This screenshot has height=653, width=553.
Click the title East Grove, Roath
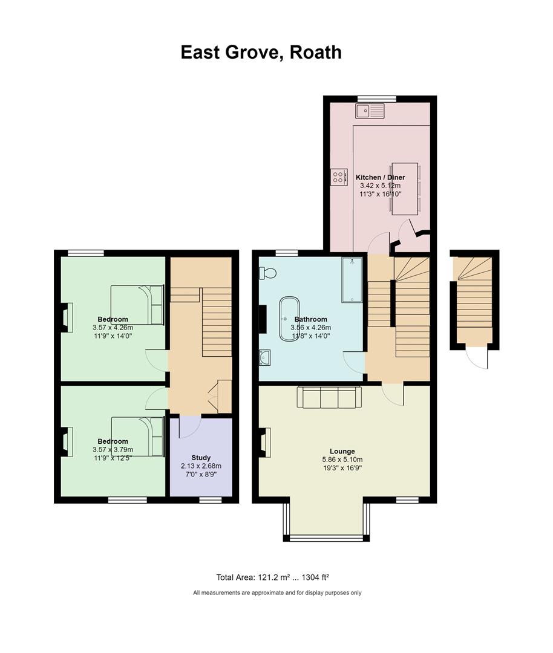pos(261,53)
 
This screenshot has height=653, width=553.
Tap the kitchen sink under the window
pos(370,111)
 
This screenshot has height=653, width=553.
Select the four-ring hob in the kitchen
pos(339,177)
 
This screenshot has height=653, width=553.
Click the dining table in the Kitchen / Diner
pos(405,189)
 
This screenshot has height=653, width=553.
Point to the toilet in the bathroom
pos(267,273)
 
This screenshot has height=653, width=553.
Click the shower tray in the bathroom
pos(353,279)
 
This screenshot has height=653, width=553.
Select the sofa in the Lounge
pos(329,397)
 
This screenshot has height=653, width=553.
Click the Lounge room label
pos(342,451)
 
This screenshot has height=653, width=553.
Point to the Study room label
pos(201,458)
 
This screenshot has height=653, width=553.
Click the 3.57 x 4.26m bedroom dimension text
pos(113,328)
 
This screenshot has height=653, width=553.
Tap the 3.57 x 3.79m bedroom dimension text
pos(113,449)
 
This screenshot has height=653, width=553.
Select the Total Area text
pos(272,577)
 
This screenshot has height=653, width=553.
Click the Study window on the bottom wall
pos(211,500)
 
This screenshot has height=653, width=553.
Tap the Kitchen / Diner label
pos(380,177)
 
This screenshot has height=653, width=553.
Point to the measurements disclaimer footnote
pos(277,593)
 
